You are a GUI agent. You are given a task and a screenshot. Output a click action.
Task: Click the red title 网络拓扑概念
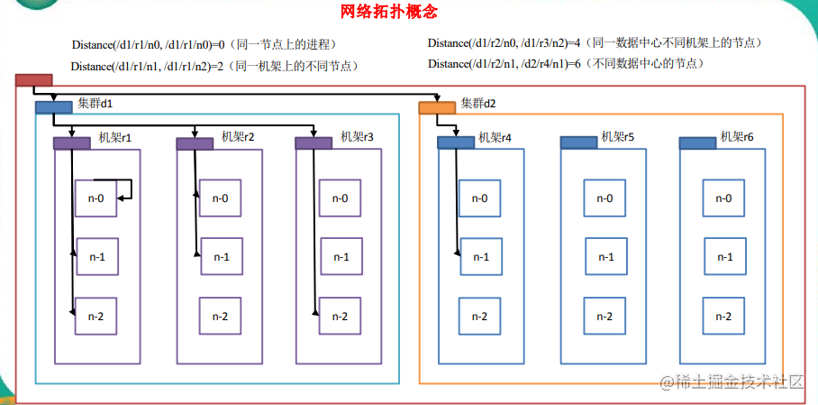388,11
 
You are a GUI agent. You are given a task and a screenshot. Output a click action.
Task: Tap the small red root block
34,80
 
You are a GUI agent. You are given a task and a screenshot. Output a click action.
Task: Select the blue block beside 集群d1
54,107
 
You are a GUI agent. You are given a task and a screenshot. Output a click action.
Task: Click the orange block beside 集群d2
437,107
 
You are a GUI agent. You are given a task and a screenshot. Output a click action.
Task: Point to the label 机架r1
114,139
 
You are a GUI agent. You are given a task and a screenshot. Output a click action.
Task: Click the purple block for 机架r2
195,143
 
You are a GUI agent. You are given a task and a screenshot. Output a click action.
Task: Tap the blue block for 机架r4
456,143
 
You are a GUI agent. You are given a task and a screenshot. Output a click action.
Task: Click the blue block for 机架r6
697,143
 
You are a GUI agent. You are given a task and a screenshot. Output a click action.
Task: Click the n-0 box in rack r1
95,198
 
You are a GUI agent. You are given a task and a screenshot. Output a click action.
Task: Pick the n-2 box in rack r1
96,317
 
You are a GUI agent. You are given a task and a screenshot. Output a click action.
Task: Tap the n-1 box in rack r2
222,256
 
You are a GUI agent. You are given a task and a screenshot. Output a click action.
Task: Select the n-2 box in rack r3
341,316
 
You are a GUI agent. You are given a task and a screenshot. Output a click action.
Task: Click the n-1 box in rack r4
481,256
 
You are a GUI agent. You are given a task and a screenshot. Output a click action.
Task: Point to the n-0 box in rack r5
604,198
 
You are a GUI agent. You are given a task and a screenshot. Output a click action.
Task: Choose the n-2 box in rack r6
723,316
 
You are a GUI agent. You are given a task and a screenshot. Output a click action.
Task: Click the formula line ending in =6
567,64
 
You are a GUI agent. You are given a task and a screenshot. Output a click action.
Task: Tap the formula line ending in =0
204,45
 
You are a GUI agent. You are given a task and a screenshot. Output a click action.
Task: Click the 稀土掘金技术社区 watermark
731,382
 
